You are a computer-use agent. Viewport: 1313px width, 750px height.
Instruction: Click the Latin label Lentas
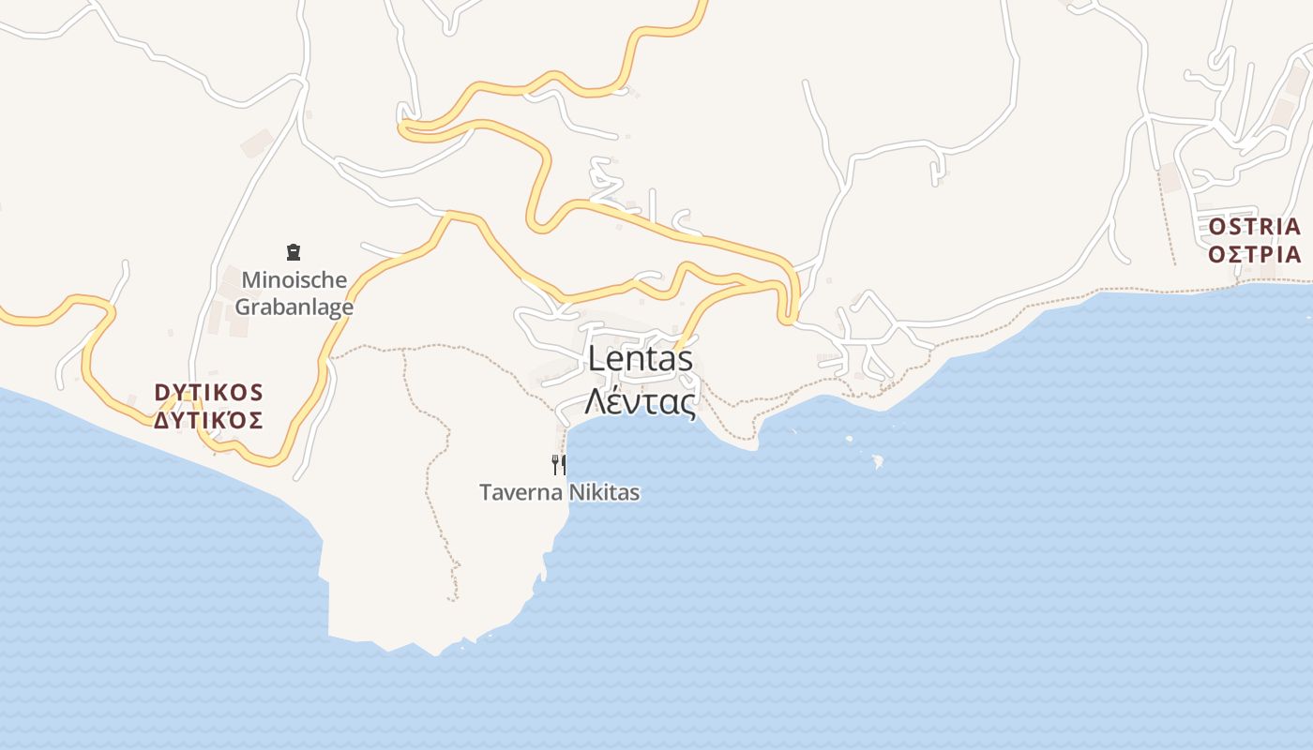(x=641, y=359)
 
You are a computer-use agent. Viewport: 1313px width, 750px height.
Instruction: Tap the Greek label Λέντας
(x=641, y=401)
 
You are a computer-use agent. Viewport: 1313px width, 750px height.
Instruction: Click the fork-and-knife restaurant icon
(x=559, y=464)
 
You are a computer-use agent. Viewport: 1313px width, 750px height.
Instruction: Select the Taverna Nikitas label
(x=559, y=492)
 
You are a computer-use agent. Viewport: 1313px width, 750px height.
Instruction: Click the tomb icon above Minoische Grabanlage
(x=294, y=251)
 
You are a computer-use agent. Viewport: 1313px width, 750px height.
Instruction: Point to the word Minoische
(x=294, y=279)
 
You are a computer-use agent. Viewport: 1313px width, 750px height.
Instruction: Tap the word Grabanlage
(x=294, y=307)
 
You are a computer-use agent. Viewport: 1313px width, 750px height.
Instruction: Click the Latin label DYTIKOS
(x=209, y=392)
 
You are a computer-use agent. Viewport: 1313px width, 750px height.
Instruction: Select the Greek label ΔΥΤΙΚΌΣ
(x=209, y=420)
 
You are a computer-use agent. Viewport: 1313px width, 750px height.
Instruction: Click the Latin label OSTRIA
(x=1254, y=227)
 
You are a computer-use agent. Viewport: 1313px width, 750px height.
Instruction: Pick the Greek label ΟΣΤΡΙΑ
(x=1254, y=255)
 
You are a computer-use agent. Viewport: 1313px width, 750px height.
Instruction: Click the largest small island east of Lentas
(x=878, y=461)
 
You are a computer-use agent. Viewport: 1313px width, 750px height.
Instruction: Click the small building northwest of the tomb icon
(x=256, y=143)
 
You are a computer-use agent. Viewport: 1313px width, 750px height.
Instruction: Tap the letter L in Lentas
(x=596, y=359)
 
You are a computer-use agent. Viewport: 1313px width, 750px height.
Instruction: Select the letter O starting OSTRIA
(x=1217, y=227)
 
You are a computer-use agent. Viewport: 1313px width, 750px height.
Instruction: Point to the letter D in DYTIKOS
(x=161, y=392)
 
